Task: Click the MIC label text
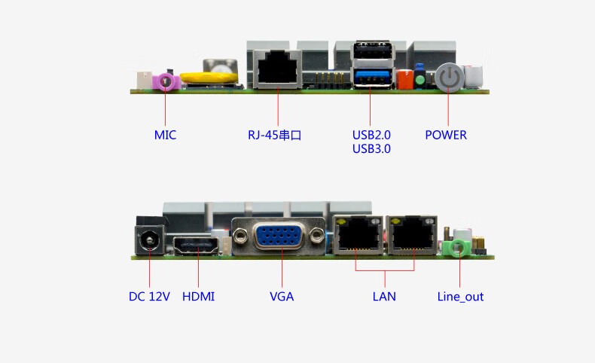pyautogui.click(x=166, y=136)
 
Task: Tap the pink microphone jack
pyautogui.click(x=166, y=80)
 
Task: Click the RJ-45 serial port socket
pyautogui.click(x=276, y=70)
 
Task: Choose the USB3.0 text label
pyautogui.click(x=371, y=149)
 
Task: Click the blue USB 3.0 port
pyautogui.click(x=372, y=77)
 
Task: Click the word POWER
pyautogui.click(x=446, y=136)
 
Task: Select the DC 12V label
pyautogui.click(x=149, y=297)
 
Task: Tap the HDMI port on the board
pyautogui.click(x=198, y=246)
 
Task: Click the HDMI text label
pyautogui.click(x=198, y=297)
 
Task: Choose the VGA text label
pyautogui.click(x=282, y=297)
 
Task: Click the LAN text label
pyautogui.click(x=384, y=297)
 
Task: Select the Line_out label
pyautogui.click(x=460, y=297)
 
